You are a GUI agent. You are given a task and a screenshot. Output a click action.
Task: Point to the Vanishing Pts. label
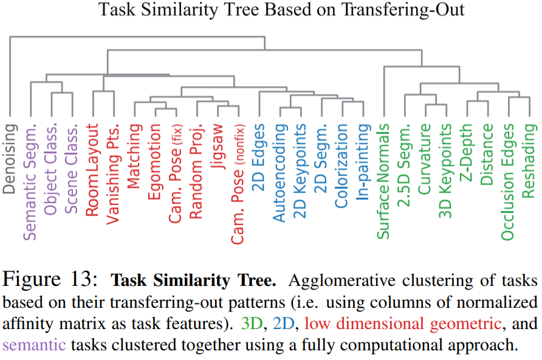coord(113,175)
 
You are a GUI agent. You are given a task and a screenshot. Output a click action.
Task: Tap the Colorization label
coord(341,165)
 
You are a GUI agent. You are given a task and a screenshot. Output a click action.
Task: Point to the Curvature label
coord(425,160)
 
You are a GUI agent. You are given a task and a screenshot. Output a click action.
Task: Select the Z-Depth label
coord(467,152)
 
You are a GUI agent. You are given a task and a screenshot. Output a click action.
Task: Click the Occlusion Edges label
coord(508,180)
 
